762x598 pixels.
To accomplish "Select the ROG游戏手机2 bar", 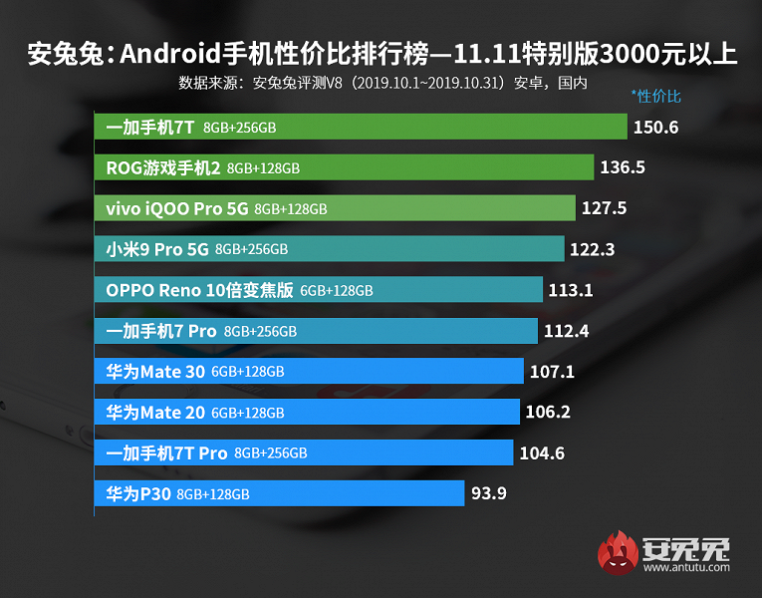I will click(x=345, y=167).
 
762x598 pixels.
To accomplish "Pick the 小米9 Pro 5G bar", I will click(x=330, y=249).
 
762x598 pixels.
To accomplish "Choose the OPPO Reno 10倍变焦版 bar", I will click(x=319, y=290).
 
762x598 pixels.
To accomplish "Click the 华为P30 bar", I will click(x=279, y=493).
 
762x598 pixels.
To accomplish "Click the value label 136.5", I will click(x=623, y=167).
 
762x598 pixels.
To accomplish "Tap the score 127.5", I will click(x=605, y=208).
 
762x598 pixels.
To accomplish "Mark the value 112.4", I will click(x=567, y=331).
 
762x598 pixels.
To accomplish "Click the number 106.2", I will click(x=548, y=412).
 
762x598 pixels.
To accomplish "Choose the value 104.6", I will click(x=542, y=452).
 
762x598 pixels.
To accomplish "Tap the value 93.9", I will click(x=489, y=493).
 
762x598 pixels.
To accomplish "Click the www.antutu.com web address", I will click(x=686, y=569).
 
